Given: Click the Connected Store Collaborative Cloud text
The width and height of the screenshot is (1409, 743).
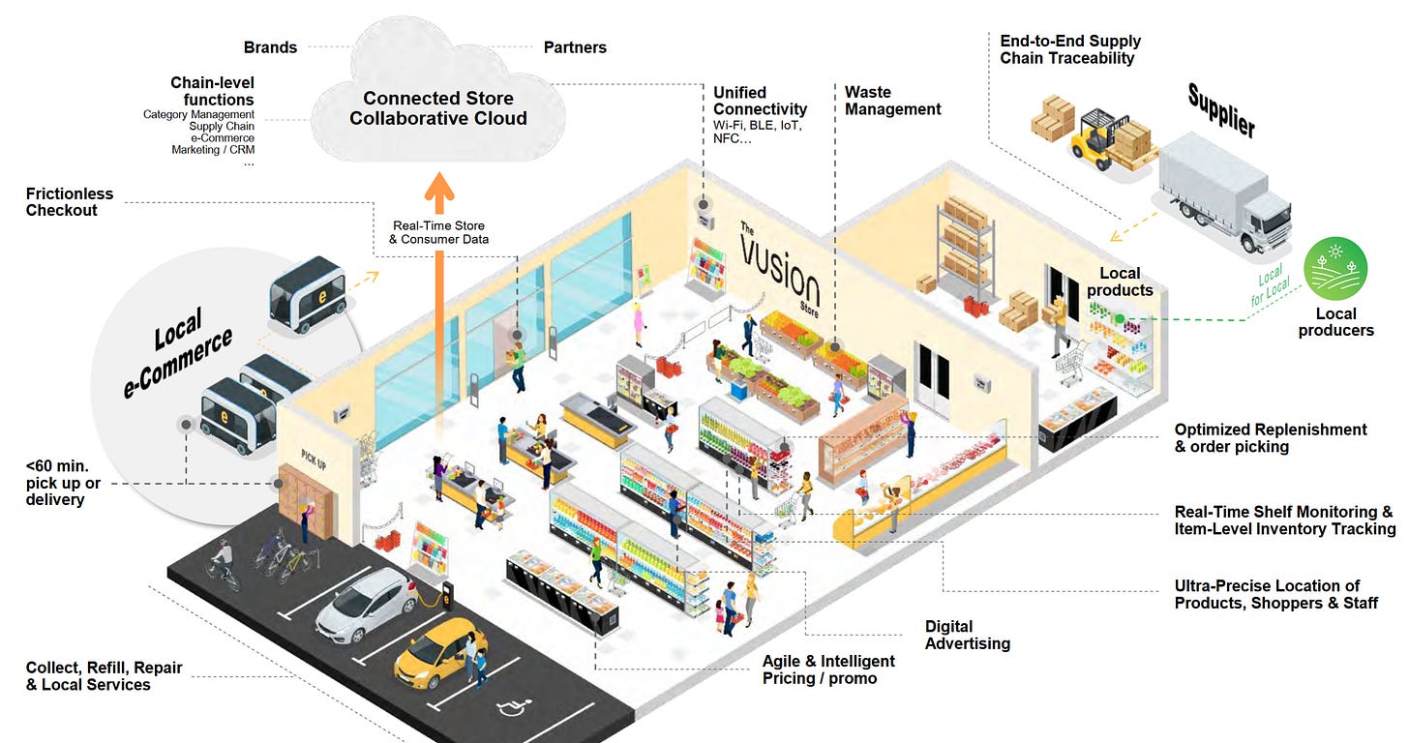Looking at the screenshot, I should pyautogui.click(x=438, y=108).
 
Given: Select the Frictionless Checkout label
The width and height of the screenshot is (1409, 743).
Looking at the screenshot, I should pyautogui.click(x=70, y=202).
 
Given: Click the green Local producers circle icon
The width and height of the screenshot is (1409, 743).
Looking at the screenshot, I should pyautogui.click(x=1335, y=269).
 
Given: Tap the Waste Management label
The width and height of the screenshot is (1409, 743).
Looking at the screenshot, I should pyautogui.click(x=892, y=101).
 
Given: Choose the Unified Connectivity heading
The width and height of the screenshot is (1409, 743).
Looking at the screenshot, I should pyautogui.click(x=760, y=101).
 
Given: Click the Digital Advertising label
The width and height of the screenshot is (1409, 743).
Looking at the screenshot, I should pyautogui.click(x=967, y=635).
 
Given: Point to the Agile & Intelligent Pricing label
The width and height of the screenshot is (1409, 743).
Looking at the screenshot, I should pyautogui.click(x=828, y=669).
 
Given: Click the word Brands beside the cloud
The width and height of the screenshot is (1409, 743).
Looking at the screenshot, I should pyautogui.click(x=270, y=46).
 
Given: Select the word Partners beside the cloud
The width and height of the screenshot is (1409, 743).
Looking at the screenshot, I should pyautogui.click(x=576, y=46).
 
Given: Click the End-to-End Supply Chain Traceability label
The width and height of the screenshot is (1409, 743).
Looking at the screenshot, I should pyautogui.click(x=1070, y=49).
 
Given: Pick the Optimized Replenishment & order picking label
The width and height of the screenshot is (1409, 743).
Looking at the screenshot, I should pyautogui.click(x=1271, y=437).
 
